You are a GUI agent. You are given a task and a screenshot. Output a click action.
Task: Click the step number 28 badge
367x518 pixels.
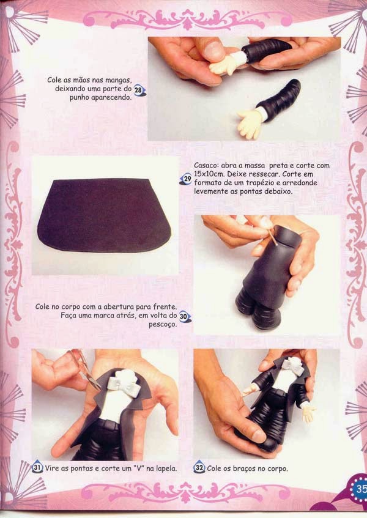[x=139, y=90]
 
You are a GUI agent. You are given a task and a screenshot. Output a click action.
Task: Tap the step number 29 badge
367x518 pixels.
[x=186, y=179]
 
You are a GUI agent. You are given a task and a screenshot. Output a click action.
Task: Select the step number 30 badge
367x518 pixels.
[x=185, y=316]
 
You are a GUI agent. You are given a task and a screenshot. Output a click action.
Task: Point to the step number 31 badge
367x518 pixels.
[x=37, y=467]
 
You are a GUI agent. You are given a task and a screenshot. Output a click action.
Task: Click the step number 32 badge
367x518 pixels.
[x=199, y=467]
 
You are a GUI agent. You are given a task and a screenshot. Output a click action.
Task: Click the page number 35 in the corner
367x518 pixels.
[x=361, y=489]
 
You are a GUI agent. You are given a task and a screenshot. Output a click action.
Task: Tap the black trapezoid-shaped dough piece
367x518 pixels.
[x=104, y=215]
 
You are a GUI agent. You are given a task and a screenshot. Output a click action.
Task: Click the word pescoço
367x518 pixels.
[x=163, y=324]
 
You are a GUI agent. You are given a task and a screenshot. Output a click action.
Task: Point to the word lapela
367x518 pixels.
[x=166, y=468]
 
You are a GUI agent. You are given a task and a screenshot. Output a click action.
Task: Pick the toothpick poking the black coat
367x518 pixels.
[x=273, y=237]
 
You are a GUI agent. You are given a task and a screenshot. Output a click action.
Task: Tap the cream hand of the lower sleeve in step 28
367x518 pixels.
[x=250, y=124]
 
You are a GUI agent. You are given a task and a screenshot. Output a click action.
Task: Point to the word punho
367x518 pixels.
[x=80, y=98]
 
